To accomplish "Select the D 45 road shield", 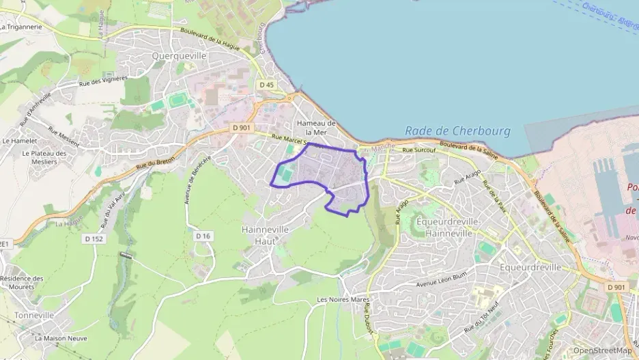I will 266,85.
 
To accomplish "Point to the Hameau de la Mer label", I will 317,127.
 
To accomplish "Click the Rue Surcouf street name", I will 418,150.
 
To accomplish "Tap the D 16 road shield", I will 203,236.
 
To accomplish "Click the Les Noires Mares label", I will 343,299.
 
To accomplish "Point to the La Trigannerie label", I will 22,27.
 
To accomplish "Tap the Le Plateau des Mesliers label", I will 44,158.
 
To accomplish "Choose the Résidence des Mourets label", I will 21,283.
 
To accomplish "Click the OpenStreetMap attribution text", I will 602,350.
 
